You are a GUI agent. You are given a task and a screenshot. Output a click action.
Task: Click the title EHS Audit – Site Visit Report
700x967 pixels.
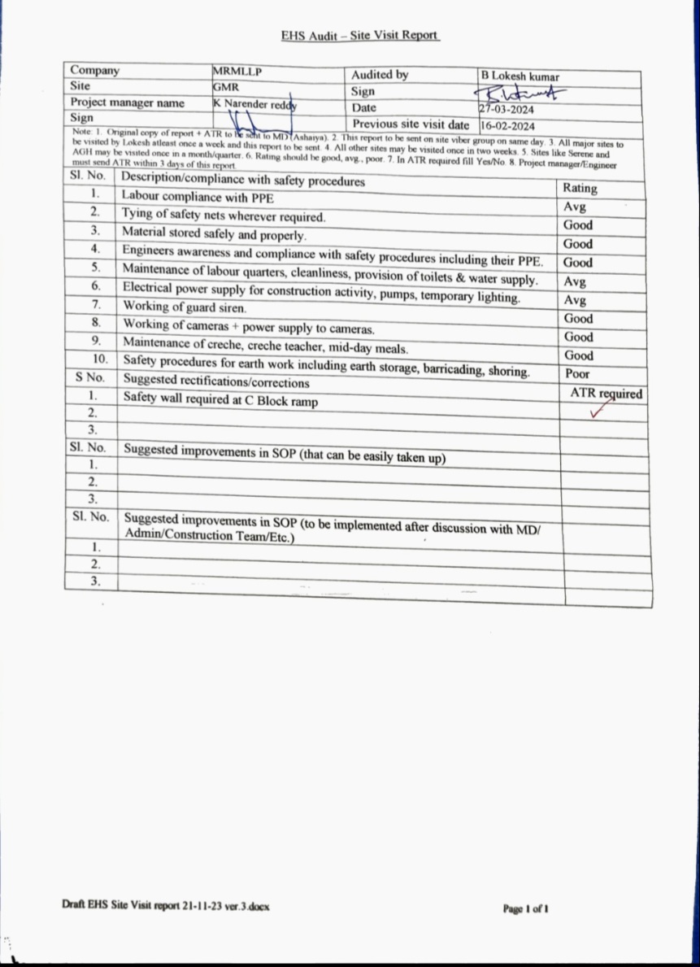coord(360,36)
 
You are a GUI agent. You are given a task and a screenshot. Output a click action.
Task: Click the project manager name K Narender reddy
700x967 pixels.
coord(254,104)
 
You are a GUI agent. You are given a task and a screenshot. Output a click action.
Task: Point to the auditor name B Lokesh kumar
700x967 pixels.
coord(520,76)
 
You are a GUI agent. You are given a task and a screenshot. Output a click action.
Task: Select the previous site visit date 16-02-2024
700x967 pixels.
coord(507,126)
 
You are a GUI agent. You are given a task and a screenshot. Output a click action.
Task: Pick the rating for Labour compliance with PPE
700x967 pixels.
coord(575,207)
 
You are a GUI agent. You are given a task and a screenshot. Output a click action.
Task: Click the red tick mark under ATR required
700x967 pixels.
coord(599,412)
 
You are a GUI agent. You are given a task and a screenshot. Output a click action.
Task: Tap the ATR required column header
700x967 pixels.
coord(606,394)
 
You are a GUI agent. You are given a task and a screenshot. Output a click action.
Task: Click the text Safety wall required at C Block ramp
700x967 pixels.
coord(220,400)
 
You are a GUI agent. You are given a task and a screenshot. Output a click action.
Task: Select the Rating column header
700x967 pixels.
coord(579,188)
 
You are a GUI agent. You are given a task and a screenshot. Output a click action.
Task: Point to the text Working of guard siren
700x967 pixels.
coord(185,307)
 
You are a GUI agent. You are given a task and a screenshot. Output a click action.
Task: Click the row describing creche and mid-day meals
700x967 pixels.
coord(265,344)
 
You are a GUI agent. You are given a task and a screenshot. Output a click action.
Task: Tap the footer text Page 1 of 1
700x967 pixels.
coord(526,908)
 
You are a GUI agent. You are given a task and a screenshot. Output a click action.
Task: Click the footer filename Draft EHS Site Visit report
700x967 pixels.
coord(165,905)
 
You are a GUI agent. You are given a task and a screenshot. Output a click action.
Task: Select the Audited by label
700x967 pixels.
coord(379,75)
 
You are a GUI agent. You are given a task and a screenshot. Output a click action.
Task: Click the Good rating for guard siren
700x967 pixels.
coord(578,319)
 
